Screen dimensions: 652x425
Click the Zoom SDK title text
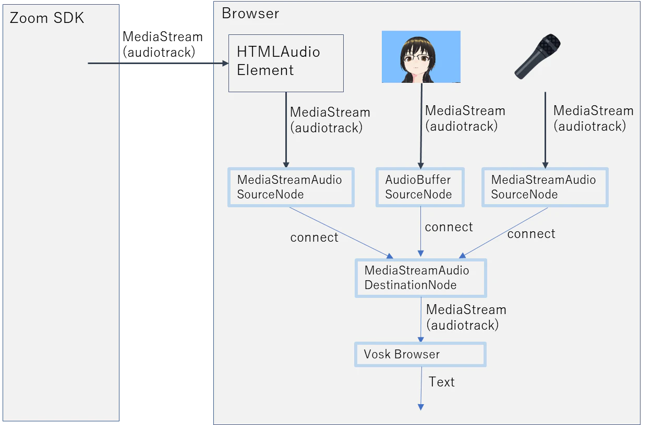point(47,18)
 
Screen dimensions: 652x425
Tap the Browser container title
point(250,14)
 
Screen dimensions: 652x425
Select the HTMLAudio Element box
point(286,64)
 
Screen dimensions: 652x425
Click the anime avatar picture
point(421,57)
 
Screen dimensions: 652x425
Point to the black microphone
point(538,56)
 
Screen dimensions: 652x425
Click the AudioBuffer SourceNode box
point(420,187)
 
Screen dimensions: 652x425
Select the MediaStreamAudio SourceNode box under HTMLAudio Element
point(291,187)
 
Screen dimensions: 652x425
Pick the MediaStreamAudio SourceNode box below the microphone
point(545,187)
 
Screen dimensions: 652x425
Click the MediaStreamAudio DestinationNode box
point(421,278)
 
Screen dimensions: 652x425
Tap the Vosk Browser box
point(420,354)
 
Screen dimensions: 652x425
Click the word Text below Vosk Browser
point(442,382)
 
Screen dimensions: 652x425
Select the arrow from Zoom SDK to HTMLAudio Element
point(158,63)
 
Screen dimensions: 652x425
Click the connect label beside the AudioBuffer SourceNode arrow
point(449,227)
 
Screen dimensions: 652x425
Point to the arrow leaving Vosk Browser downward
point(421,389)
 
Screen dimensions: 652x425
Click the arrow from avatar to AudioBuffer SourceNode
point(421,126)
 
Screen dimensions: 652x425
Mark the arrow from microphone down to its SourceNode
point(545,130)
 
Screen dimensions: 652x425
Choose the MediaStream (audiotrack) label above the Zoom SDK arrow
point(162,44)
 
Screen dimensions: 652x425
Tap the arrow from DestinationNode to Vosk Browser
point(421,320)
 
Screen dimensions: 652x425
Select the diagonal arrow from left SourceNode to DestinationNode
point(341,233)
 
